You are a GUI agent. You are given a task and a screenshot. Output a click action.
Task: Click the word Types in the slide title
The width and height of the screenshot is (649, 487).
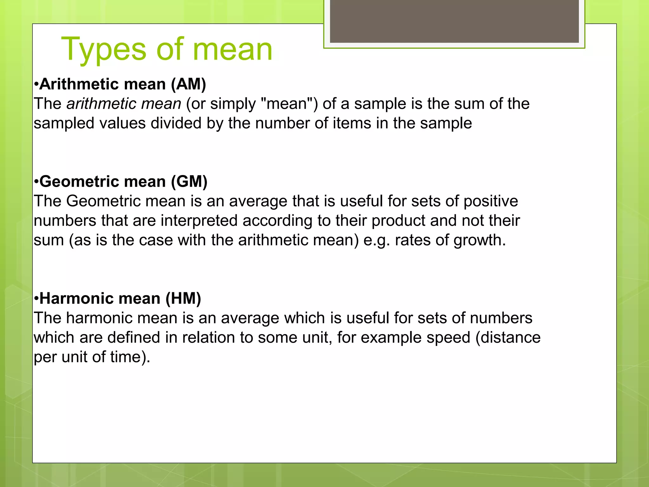(x=104, y=50)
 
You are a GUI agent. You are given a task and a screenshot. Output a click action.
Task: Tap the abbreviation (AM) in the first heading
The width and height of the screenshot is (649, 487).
(x=189, y=84)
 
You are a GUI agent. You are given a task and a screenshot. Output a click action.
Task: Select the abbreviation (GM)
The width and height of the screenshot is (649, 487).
(x=189, y=182)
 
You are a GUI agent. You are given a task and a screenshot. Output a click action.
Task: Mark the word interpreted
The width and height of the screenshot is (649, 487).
(x=199, y=221)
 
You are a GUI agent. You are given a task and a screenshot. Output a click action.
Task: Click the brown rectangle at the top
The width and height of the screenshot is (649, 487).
(x=454, y=21)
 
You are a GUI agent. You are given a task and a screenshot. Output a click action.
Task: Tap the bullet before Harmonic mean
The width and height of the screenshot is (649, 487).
(x=36, y=299)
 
